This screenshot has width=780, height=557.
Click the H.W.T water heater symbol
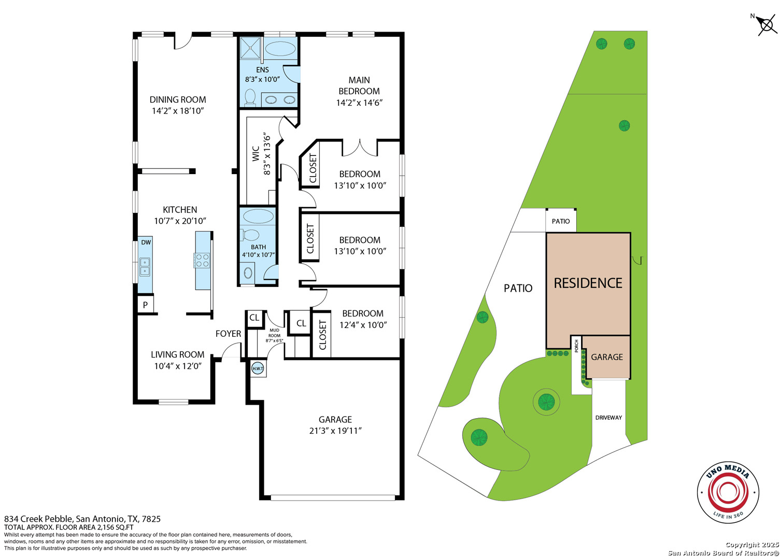coord(258,368)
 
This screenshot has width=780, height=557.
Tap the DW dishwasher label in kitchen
coord(146,242)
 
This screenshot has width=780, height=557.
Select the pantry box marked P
coord(145,305)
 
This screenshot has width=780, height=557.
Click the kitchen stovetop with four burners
coord(202,261)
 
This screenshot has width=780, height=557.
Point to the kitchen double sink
coord(145,267)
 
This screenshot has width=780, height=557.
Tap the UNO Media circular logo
coord(728,492)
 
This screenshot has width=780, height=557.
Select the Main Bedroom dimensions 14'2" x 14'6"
coord(359,103)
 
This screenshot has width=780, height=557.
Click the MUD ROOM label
coord(274,333)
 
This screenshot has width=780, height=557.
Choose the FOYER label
coord(229,334)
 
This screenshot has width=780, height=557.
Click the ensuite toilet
coord(250,97)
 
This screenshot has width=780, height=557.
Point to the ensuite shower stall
coord(250,48)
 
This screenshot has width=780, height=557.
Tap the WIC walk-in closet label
coord(256,153)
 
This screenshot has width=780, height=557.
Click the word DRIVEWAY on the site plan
coord(608,418)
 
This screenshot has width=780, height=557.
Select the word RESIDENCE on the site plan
coord(588,283)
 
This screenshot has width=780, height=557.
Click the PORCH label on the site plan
coord(576,346)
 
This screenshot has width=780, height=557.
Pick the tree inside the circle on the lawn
coord(546,402)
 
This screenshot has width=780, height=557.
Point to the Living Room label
coord(178,354)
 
